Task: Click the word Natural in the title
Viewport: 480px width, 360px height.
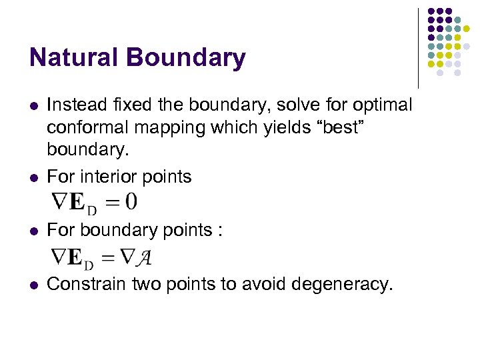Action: pyautogui.click(x=73, y=58)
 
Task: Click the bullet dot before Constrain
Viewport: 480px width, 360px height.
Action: pyautogui.click(x=34, y=285)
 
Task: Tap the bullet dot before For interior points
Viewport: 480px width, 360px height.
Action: pyautogui.click(x=34, y=177)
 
